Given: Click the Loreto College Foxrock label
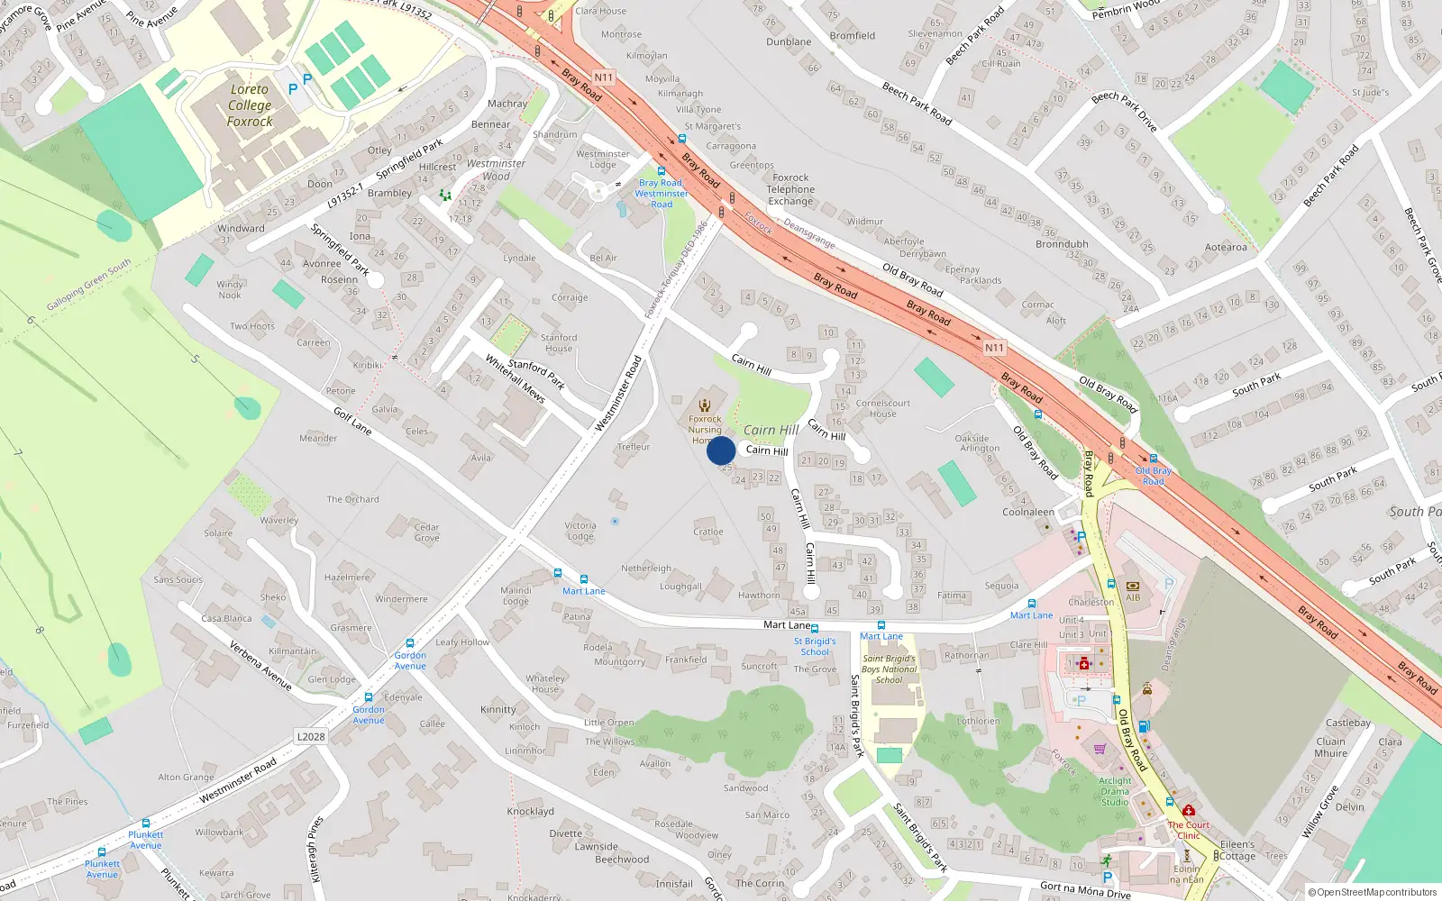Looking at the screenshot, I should pos(250,105).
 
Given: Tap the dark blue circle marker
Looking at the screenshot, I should pos(721,450).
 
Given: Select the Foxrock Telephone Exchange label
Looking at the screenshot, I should pos(790,189).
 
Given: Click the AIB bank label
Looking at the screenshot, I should pos(1133,597).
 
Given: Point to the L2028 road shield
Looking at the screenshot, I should pos(311,737).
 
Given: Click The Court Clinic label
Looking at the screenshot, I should pos(1189,830).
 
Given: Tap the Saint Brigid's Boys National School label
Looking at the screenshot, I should pos(889,669).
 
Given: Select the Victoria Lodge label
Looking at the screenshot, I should pos(580,531).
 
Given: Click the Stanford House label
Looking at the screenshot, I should pos(559,343).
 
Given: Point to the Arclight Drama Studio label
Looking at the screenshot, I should pos(1115,791).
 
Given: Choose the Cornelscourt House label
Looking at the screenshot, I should pos(883,408).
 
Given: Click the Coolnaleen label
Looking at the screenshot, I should pos(1028,512).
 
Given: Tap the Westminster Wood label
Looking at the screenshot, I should pos(496,169).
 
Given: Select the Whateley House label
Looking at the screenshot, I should pos(545,684).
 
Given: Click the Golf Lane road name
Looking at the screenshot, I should pos(352,421).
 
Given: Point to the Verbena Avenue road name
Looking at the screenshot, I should pos(260,666).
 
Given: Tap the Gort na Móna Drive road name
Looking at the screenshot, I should pos(1085,889).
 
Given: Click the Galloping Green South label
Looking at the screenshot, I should pos(89,284).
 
